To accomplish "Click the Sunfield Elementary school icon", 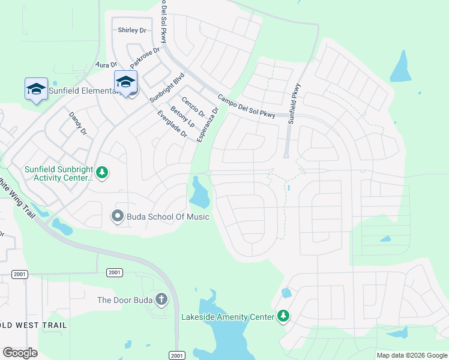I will coord(36,89).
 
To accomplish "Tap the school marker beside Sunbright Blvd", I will coord(126,82).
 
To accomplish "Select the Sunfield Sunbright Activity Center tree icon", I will coord(103,173).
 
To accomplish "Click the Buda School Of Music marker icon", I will coord(118,216).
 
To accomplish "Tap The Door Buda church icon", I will coord(161,299).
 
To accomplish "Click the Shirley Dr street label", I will coord(132,30).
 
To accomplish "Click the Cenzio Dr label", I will coord(193,107).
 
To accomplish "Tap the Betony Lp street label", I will coord(182,116).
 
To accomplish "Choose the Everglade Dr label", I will coord(172,124).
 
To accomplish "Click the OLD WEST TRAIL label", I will coord(33,325).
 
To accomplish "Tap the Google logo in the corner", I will coord(20,353).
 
